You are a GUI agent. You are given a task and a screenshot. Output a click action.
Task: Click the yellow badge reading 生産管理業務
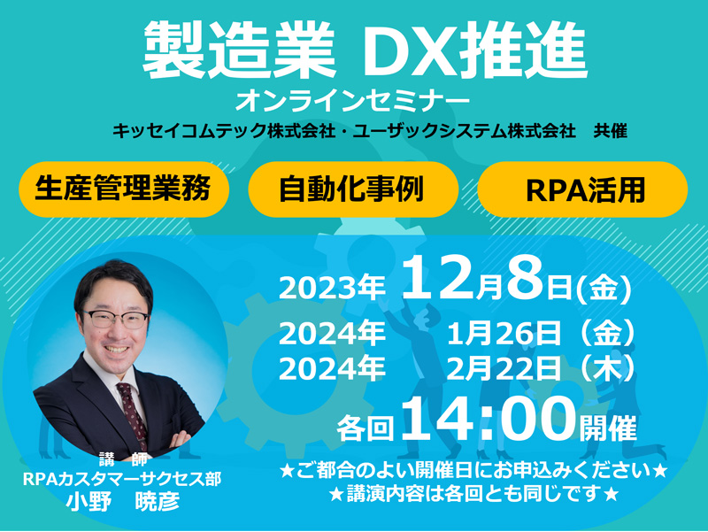click(124, 189)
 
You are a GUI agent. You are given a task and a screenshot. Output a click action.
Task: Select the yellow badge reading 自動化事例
click(353, 189)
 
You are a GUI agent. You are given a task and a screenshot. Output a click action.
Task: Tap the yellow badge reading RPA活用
click(582, 189)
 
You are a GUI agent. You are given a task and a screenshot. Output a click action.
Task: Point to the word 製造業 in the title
click(239, 50)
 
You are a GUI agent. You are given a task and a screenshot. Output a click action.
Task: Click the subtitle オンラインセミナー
click(352, 101)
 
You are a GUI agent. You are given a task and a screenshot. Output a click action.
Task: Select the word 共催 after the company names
click(611, 131)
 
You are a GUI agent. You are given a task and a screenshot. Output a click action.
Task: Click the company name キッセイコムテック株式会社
click(224, 131)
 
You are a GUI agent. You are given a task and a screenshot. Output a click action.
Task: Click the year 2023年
click(332, 288)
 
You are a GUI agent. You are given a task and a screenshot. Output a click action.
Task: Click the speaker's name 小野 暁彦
click(123, 501)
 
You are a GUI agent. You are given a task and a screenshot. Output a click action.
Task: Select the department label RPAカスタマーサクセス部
click(122, 479)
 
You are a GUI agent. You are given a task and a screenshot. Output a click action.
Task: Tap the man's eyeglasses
click(115, 319)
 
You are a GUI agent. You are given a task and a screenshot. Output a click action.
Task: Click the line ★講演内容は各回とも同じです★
click(473, 494)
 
